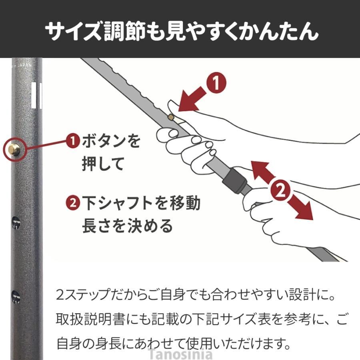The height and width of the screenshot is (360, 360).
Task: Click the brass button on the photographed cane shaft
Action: pyautogui.click(x=14, y=150)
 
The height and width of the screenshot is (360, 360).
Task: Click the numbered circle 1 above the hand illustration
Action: pyautogui.click(x=216, y=83)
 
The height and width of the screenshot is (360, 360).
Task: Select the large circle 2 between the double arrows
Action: pyautogui.click(x=280, y=190)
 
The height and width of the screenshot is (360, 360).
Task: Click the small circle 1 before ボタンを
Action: pyautogui.click(x=73, y=141)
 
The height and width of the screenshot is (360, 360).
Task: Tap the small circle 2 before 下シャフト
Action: pyautogui.click(x=73, y=203)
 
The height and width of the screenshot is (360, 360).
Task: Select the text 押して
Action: pyautogui.click(x=103, y=164)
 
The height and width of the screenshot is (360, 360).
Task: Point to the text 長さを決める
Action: pyautogui.click(x=127, y=226)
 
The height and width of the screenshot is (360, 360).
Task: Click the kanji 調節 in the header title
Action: pyautogui.click(x=124, y=31)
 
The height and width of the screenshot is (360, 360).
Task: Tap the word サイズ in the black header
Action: pyautogui.click(x=74, y=31)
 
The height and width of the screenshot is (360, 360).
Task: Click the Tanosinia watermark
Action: pyautogui.click(x=180, y=354)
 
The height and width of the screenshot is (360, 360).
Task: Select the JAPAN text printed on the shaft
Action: pyautogui.click(x=24, y=65)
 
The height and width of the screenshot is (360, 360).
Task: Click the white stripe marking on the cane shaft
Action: pyautogui.click(x=36, y=95)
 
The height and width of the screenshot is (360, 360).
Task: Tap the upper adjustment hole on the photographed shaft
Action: pyautogui.click(x=16, y=223)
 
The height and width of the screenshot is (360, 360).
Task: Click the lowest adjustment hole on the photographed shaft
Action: pyautogui.click(x=16, y=297)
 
